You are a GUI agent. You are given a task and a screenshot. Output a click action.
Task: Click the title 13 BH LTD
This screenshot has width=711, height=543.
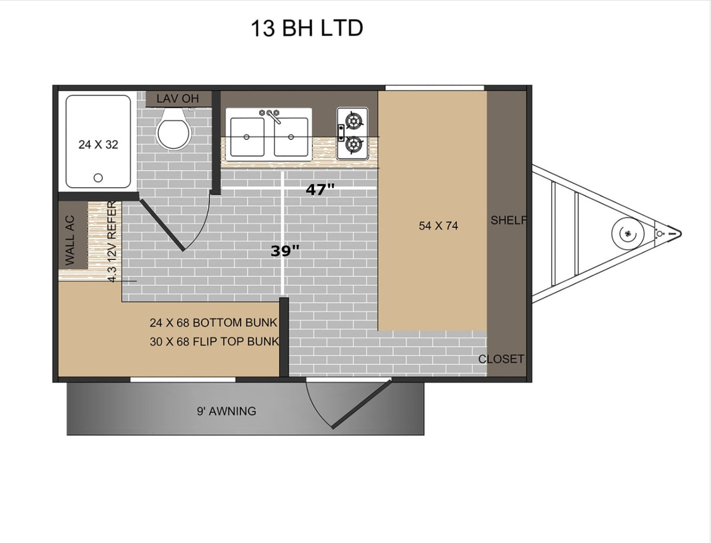(x=307, y=28)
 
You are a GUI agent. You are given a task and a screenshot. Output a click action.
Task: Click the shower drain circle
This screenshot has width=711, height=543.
(x=98, y=178)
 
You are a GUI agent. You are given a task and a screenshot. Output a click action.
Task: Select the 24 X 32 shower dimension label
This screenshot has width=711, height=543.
(x=98, y=144)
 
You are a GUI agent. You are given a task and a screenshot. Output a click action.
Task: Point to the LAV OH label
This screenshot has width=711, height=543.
(x=178, y=99)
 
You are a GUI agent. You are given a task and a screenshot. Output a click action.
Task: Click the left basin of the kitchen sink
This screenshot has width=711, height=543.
(x=247, y=137)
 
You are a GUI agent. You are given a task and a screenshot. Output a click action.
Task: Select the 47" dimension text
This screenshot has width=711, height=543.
(x=320, y=189)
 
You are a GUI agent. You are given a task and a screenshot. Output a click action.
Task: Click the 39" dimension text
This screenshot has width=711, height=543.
(x=285, y=251)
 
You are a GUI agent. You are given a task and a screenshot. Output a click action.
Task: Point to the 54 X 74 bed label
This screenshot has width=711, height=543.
(x=438, y=226)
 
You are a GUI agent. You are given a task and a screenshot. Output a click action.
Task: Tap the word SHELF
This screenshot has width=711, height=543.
(x=508, y=220)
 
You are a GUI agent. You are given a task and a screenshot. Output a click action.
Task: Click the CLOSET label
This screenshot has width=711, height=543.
(x=501, y=359)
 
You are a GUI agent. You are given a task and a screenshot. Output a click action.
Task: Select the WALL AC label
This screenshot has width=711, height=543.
(x=70, y=240)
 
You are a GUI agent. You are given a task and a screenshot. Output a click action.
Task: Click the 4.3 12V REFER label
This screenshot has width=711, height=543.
(x=112, y=242)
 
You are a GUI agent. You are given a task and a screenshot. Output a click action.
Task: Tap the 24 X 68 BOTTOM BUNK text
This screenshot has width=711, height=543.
(x=213, y=323)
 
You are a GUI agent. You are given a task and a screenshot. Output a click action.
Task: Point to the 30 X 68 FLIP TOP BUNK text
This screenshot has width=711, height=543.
(x=214, y=342)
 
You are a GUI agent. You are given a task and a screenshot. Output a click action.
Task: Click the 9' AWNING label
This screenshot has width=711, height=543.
(x=226, y=411)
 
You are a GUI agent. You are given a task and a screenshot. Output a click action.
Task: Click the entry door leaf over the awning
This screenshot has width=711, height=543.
(x=361, y=405)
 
